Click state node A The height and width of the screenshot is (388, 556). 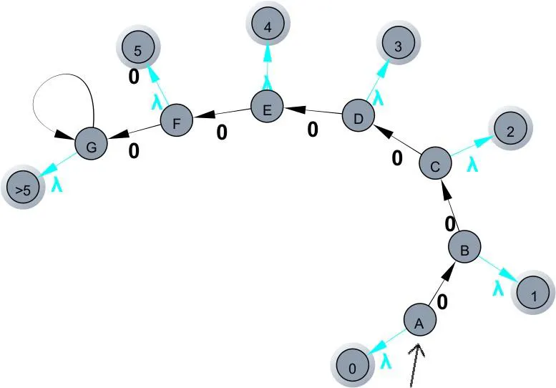pyautogui.click(x=420, y=323)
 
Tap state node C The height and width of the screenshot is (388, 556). pyautogui.click(x=435, y=165)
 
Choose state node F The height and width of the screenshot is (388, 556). pyautogui.click(x=177, y=122)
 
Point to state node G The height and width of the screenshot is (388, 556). pyautogui.click(x=91, y=146)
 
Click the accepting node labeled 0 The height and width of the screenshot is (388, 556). pyautogui.click(x=352, y=367)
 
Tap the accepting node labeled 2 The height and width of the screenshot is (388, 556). pyautogui.click(x=511, y=131)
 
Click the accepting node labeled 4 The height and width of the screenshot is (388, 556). pyautogui.click(x=268, y=27)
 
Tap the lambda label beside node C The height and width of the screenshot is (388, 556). pyautogui.click(x=472, y=164)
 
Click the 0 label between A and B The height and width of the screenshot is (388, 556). pyautogui.click(x=442, y=301)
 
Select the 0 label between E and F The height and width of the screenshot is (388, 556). pyautogui.click(x=222, y=132)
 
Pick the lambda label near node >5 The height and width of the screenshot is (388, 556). pyautogui.click(x=57, y=184)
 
